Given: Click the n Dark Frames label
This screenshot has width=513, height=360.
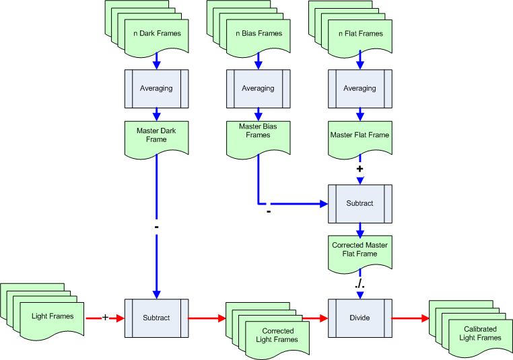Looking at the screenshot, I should pyautogui.click(x=156, y=33).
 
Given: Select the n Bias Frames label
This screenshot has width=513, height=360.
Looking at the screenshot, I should pyautogui.click(x=259, y=33).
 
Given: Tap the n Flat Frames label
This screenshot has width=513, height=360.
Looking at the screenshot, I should pyautogui.click(x=360, y=33).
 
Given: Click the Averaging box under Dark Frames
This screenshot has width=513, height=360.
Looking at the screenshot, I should pyautogui.click(x=156, y=88).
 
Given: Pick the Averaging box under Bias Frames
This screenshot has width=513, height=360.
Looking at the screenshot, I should pyautogui.click(x=259, y=88).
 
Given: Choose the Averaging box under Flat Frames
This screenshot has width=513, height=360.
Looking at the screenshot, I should pyautogui.click(x=360, y=88).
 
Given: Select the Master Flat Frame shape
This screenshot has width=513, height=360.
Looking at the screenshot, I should pyautogui.click(x=360, y=135).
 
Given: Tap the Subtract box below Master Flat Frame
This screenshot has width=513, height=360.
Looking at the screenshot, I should pyautogui.click(x=360, y=203).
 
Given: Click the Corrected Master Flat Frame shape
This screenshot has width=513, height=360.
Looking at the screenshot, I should pyautogui.click(x=360, y=250).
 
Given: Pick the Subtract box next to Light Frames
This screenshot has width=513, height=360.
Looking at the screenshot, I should pyautogui.click(x=156, y=318).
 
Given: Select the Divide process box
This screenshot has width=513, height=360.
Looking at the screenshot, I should pyautogui.click(x=360, y=318).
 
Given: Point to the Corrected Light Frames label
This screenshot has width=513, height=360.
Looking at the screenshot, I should pyautogui.click(x=277, y=335).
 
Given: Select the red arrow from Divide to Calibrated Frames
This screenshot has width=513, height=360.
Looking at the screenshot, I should pyautogui.click(x=410, y=318).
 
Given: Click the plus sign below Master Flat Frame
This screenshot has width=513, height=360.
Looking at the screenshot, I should pyautogui.click(x=360, y=168).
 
